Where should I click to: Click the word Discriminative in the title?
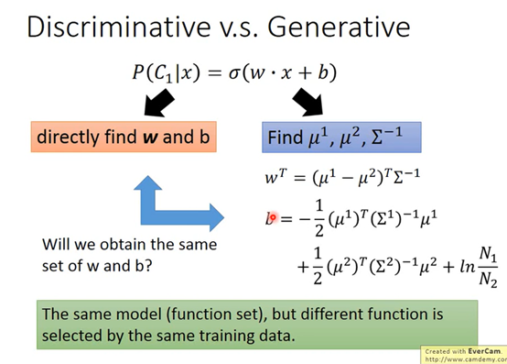(119, 27)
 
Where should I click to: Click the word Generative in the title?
(339, 27)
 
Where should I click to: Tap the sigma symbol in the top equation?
(233, 73)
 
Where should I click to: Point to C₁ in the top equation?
(164, 73)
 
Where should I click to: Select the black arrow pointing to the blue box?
(308, 102)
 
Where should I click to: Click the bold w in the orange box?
(150, 138)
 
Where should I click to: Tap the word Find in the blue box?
(285, 137)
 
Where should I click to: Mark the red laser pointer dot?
(273, 217)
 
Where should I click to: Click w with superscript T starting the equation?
(275, 177)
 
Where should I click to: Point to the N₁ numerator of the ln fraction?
(488, 253)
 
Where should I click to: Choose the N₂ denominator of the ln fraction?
(489, 279)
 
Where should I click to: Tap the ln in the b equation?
(468, 267)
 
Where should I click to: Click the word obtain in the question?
(124, 245)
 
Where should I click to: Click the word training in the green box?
(227, 336)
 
